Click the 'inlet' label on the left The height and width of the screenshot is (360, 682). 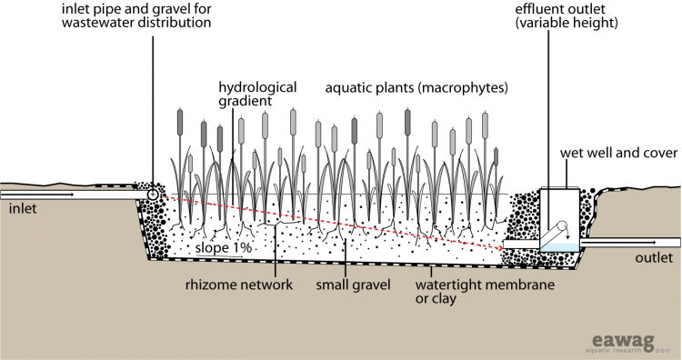point(25,209)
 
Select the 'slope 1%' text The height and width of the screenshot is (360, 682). point(222,246)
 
